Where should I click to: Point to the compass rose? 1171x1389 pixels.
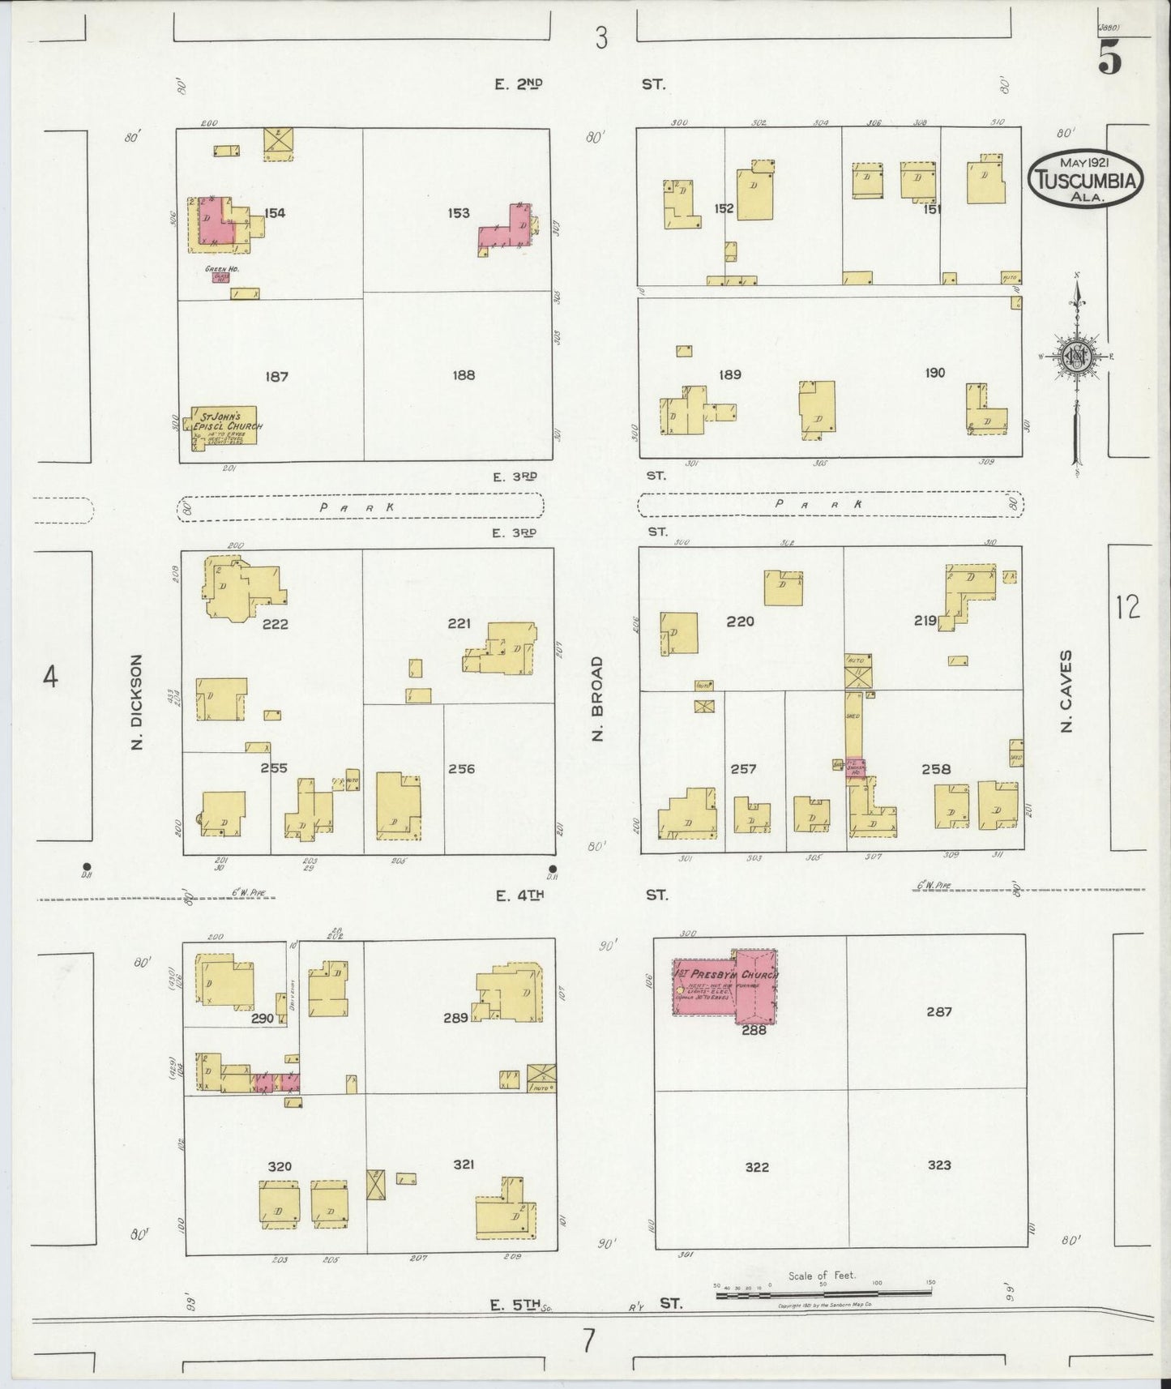[x=1077, y=357]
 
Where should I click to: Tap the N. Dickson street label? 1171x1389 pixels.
[x=137, y=702]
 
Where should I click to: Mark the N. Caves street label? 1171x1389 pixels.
[x=1066, y=690]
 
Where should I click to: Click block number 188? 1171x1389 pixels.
[x=464, y=375]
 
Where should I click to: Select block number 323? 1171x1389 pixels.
[x=939, y=1165]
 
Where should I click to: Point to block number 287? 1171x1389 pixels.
[x=939, y=1011]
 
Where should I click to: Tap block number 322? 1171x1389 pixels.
[x=756, y=1167]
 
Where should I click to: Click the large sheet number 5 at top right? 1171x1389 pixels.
[x=1110, y=58]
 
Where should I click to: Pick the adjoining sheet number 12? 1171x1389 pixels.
[x=1127, y=606]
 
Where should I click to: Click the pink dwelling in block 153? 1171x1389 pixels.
[x=506, y=231]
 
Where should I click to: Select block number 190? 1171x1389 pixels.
[x=934, y=373]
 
